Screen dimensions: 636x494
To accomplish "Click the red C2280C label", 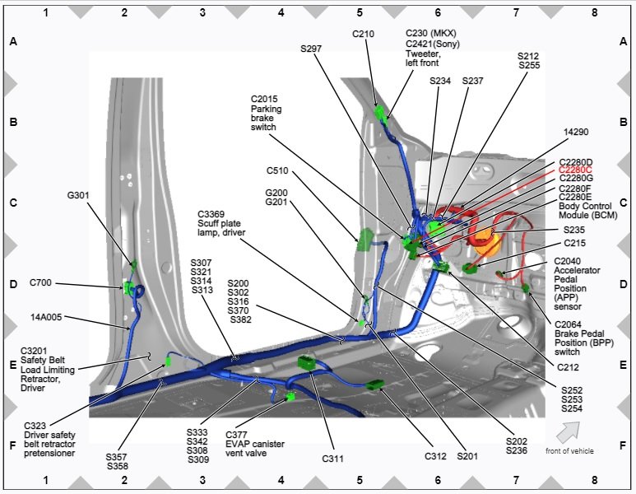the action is [575, 170].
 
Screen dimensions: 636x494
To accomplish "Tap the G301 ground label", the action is [78, 196].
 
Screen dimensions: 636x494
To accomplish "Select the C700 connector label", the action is [40, 282].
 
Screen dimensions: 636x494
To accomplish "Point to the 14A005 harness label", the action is [46, 317].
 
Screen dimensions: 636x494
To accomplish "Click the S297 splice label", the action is [311, 49].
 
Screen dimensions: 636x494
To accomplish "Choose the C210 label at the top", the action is [363, 34].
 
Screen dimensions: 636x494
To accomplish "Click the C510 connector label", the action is [277, 170].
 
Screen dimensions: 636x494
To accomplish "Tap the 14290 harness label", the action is [576, 132].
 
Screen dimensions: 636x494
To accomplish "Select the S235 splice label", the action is [574, 231].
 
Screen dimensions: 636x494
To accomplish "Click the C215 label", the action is [575, 243].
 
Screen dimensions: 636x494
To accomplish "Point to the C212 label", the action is [568, 367].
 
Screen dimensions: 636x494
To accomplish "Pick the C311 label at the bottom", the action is [332, 459].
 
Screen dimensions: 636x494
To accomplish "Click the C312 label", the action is [435, 456].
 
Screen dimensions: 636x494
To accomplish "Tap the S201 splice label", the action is [467, 456].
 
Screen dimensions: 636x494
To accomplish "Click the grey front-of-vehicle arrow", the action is [568, 432].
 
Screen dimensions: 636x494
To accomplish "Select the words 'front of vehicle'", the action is [569, 451].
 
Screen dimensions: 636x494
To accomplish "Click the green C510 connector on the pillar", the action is [364, 240].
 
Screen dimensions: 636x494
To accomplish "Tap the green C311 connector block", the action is [306, 362].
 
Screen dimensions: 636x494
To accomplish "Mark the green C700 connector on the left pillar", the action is [129, 287].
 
